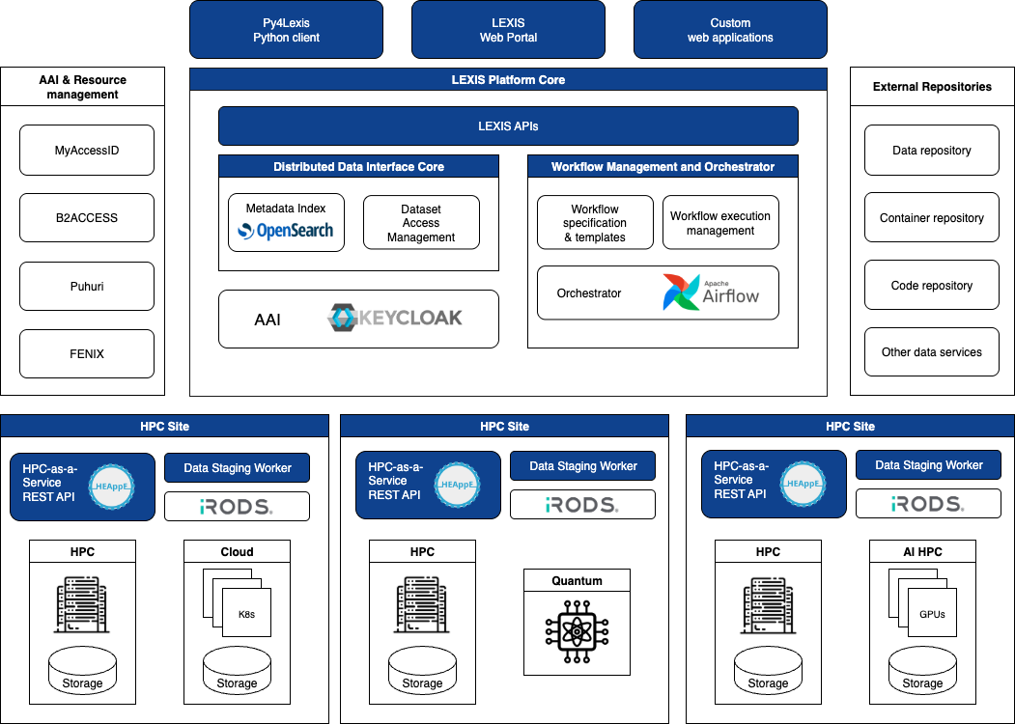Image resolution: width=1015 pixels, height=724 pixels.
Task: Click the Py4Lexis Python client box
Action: pyautogui.click(x=286, y=30)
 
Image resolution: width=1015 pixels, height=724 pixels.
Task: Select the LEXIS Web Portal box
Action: pyautogui.click(x=508, y=30)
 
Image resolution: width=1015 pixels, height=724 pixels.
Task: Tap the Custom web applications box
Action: pyautogui.click(x=730, y=30)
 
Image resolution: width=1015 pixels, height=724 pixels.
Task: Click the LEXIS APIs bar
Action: pyautogui.click(x=508, y=125)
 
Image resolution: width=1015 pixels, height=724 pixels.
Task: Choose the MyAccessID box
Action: pyautogui.click(x=87, y=150)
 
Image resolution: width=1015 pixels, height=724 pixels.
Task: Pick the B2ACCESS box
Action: pyautogui.click(x=87, y=218)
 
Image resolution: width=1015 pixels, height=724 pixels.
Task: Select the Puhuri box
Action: pyautogui.click(x=87, y=286)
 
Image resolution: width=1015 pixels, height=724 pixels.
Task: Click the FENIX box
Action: pyautogui.click(x=87, y=353)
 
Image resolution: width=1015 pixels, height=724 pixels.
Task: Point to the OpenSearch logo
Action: pyautogui.click(x=286, y=231)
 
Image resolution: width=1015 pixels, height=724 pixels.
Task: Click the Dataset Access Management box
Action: pyautogui.click(x=421, y=223)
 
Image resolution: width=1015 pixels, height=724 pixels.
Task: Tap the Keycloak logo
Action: pyautogui.click(x=394, y=319)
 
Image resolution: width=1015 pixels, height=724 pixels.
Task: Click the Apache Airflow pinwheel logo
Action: pyautogui.click(x=682, y=292)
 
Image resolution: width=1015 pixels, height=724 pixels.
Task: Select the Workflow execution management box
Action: pyautogui.click(x=720, y=223)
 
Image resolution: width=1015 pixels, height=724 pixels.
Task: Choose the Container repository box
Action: pyautogui.click(x=932, y=218)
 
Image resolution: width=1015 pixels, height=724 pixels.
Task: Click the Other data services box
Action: pyautogui.click(x=932, y=352)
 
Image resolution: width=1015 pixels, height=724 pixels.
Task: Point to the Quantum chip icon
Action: pyautogui.click(x=577, y=632)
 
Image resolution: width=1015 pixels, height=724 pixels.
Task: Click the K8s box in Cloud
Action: pyautogui.click(x=246, y=613)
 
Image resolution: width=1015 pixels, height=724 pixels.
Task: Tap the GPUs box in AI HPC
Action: pyautogui.click(x=932, y=613)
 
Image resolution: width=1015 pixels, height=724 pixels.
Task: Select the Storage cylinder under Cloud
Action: pyautogui.click(x=237, y=670)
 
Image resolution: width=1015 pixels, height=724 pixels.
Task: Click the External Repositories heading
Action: pyautogui.click(x=932, y=87)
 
